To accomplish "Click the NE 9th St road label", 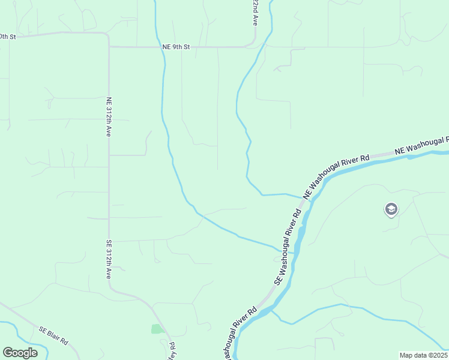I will click(x=176, y=46).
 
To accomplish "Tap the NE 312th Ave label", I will click(x=109, y=117).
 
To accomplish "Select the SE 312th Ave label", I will click(x=109, y=259).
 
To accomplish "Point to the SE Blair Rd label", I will click(x=54, y=335).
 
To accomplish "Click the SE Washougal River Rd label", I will click(x=288, y=247).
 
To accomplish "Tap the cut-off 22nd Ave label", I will click(x=255, y=12).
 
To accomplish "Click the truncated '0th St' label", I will click(x=8, y=37).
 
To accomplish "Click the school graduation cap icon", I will click(x=391, y=209).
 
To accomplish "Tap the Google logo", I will click(x=20, y=353).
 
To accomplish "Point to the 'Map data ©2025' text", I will click(x=423, y=355).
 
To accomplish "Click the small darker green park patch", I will click(x=157, y=329).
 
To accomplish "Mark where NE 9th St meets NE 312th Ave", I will click(x=109, y=46).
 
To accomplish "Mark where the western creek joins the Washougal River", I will click(x=294, y=253).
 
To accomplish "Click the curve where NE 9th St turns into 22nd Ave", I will click(x=254, y=42).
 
